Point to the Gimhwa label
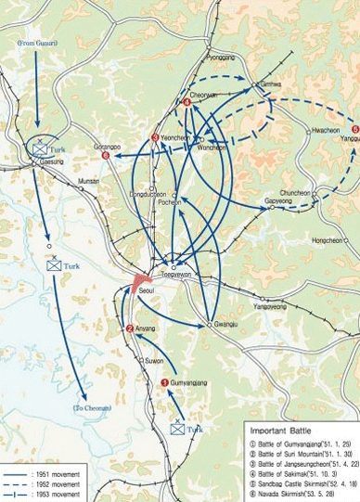pos(271,84)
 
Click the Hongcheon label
pos(327,240)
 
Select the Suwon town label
pos(154,361)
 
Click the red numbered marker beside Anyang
pos(130,328)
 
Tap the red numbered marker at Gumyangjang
pos(165,382)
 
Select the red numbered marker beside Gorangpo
pos(106,156)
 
